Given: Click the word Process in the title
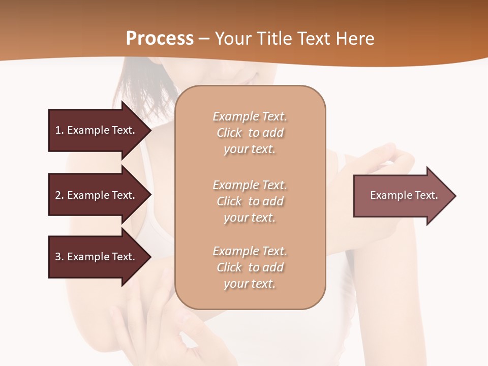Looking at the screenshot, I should pos(160,39).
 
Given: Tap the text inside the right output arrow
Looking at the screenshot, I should pos(404,195).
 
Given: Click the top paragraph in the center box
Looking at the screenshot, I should pos(250,133).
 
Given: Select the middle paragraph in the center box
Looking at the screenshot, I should pos(250,201).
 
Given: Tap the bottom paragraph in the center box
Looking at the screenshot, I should pos(250,267).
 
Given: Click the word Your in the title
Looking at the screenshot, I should pos(233,39).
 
